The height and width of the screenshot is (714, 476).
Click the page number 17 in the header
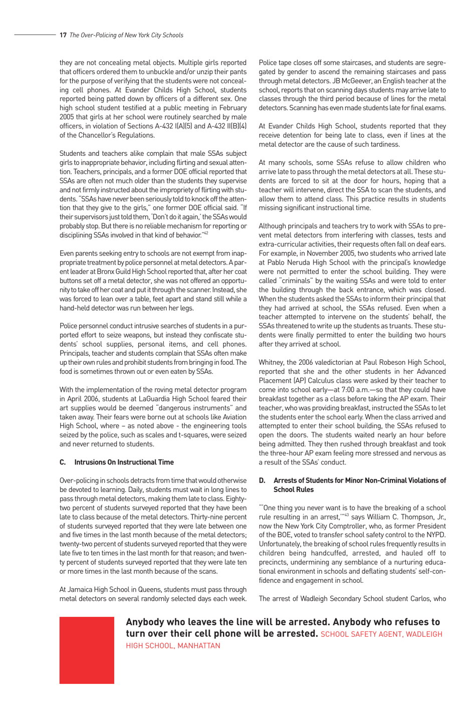click(63, 35)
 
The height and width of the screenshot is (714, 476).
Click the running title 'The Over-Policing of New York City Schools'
click(126, 35)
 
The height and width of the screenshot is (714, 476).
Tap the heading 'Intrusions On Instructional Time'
click(124, 462)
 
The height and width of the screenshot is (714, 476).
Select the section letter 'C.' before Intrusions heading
click(63, 462)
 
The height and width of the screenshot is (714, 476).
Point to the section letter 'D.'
click(262, 481)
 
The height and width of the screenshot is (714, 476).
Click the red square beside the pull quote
click(87, 650)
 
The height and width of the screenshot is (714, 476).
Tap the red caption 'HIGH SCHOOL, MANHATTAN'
click(173, 646)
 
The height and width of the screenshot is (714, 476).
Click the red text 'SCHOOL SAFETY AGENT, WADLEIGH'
click(381, 634)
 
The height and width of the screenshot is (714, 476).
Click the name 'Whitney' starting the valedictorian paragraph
click(271, 362)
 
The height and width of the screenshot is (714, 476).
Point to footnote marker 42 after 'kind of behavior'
click(205, 233)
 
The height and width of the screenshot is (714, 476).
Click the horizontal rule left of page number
click(35, 35)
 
